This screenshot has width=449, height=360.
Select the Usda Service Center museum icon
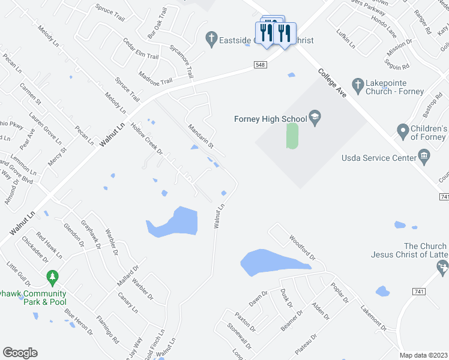[x=424, y=157]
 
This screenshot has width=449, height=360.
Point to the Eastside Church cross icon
[x=211, y=39]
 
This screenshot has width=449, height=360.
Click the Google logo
[x=20, y=353]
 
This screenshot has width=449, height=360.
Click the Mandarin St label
[x=201, y=136]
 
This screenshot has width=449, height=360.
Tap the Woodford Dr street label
[x=302, y=248]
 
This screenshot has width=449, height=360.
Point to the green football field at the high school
[x=292, y=136]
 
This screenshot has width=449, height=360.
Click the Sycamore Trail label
[x=181, y=62]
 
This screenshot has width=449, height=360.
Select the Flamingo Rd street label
[x=107, y=328]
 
